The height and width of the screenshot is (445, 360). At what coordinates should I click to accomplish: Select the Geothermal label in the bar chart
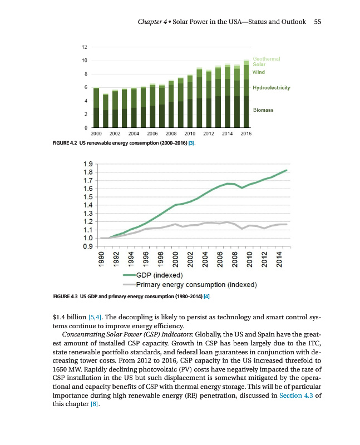pos(267,58)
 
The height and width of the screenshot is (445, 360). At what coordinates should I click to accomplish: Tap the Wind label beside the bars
pos(258,72)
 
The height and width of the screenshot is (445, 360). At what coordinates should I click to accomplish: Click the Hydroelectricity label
pos(272,88)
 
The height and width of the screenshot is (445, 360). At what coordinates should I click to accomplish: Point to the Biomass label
pos(263,110)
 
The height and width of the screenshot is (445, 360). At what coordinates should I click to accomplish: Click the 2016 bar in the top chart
pos(246,95)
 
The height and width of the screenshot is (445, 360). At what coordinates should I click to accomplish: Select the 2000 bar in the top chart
pos(96,108)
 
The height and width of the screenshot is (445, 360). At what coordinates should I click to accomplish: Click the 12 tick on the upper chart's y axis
pos(83,47)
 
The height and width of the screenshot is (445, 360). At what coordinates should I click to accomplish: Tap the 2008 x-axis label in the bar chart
pos(171,134)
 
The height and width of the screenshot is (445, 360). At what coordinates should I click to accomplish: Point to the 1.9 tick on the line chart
pos(88,164)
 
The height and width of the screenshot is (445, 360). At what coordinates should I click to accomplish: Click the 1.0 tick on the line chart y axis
pos(88,238)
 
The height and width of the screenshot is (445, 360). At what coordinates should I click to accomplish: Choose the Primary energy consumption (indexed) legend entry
pos(192,285)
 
